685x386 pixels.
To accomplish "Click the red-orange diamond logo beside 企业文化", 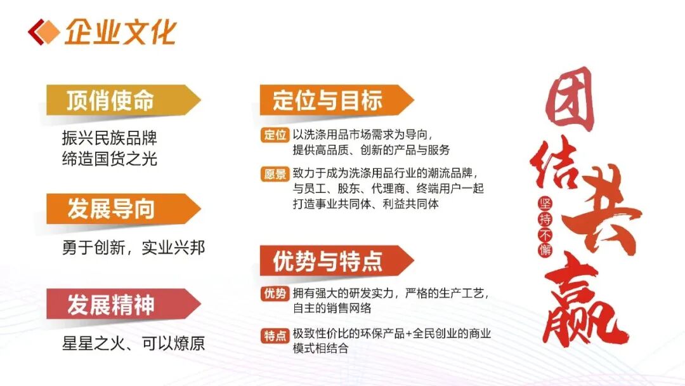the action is coord(43,32).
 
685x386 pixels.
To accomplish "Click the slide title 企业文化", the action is coord(121,32).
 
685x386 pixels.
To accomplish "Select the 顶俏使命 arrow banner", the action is coord(123,100).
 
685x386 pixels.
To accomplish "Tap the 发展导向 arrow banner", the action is coord(123,208).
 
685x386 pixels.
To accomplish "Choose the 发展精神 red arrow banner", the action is coord(123,304).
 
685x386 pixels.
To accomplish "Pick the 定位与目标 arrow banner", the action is coord(336,100).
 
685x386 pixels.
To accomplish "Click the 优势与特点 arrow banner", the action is coord(336,260).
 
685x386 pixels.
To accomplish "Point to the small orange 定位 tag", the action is coord(275,135).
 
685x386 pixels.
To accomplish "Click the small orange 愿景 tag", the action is coord(275,174).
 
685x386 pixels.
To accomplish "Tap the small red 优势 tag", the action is coord(275,293).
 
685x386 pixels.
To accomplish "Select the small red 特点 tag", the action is coord(275,336).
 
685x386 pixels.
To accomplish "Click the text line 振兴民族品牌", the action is coord(110,138).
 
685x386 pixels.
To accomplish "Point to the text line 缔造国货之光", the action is coord(110,159).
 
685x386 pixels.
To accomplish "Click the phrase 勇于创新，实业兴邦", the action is coord(134,248).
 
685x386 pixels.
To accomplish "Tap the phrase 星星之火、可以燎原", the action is coord(134,343).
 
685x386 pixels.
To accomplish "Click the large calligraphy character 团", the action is coord(569,100).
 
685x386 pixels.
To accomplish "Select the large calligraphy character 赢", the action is coord(585,302).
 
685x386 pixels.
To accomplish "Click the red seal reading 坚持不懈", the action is coord(545,227).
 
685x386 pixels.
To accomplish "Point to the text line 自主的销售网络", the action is coord(332,308).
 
